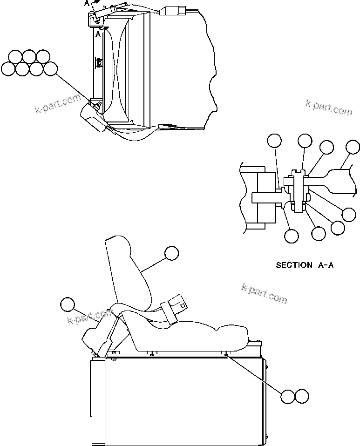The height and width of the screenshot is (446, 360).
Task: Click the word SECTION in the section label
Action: [294, 265]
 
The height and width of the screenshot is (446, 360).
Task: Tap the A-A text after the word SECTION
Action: [326, 265]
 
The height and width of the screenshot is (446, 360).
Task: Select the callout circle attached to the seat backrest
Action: [171, 253]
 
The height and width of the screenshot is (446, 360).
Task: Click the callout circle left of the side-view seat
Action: [68, 304]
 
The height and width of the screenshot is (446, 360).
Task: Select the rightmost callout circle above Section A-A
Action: [353, 148]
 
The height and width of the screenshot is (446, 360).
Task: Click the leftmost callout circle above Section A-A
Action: [274, 141]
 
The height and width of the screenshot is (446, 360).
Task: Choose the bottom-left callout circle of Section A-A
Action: [292, 236]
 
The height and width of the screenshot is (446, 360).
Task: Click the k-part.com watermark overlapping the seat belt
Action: [91, 318]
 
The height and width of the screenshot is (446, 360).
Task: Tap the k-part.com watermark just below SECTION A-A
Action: [264, 293]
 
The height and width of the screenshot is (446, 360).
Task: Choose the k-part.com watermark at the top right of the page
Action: [329, 107]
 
